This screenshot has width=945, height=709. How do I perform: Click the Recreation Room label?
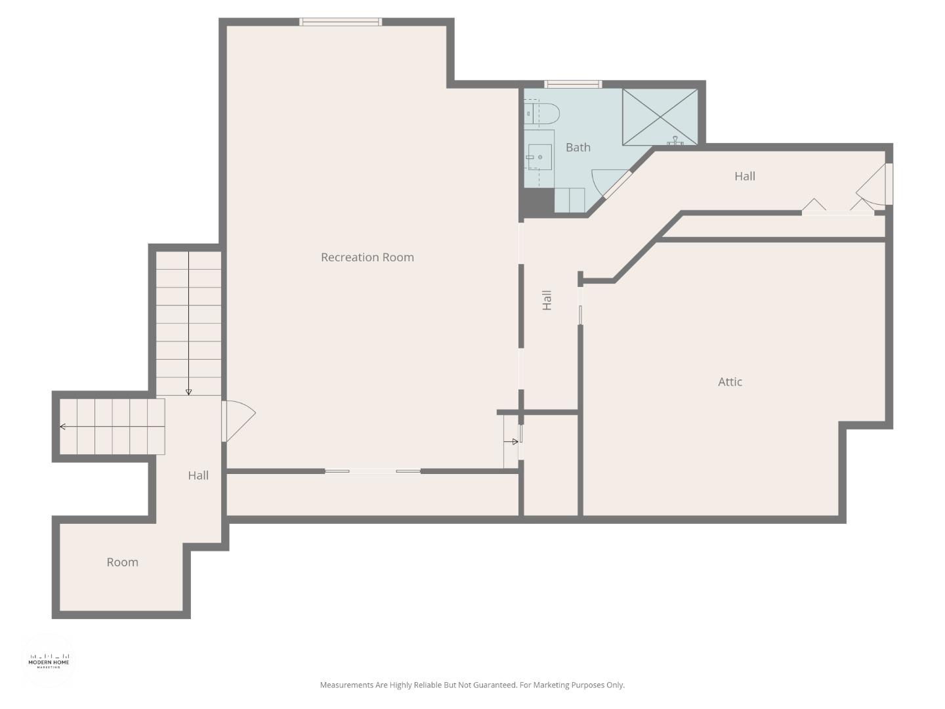pos(367,257)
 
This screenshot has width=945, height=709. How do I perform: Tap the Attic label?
pos(730,382)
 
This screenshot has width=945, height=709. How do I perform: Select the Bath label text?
pos(577,148)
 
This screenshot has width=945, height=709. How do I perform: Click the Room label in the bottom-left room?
pos(122,563)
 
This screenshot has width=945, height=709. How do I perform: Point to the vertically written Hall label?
pos(547,300)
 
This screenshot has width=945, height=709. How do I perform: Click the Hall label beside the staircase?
pos(198,476)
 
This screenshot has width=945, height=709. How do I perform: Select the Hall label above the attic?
pos(744,177)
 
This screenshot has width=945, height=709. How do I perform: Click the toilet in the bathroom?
pos(543,114)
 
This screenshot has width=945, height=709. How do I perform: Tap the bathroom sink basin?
pos(539,158)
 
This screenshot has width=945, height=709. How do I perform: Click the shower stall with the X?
pos(660,117)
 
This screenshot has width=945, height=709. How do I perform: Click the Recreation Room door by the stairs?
pos(238,420)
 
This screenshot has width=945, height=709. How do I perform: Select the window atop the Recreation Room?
pos(341,22)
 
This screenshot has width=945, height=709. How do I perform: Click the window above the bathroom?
pos(573,84)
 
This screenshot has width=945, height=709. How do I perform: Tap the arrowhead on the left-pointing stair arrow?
pos(63,427)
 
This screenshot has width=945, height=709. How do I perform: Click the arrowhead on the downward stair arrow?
pos(189,392)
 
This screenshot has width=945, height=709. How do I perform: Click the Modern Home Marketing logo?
pos(49,660)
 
